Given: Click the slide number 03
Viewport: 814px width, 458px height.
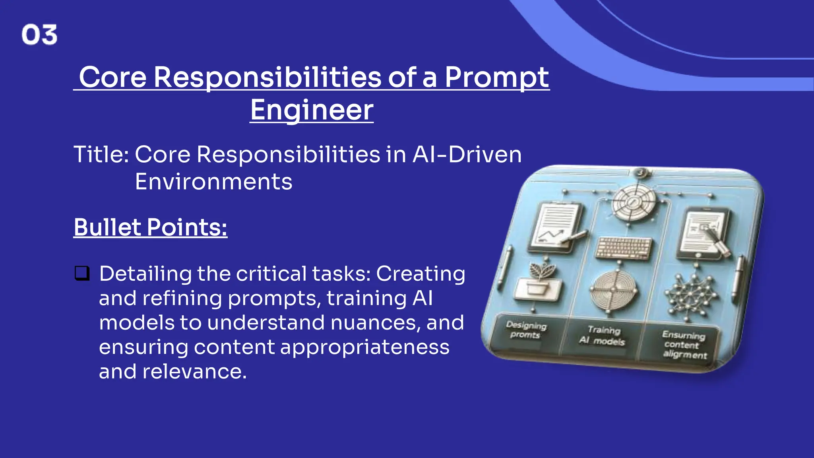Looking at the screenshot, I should pos(39,35).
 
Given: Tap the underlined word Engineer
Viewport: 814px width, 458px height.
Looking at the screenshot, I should pos(312,110).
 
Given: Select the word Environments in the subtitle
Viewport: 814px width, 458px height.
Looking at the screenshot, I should pos(213,182).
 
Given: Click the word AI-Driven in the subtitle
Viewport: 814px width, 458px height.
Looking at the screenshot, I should pos(467,154).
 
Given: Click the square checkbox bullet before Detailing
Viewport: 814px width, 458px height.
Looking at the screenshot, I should pos(82,274).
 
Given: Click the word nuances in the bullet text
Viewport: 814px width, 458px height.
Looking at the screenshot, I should pos(375,322).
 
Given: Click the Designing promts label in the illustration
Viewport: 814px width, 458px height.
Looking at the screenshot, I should pos(526,330).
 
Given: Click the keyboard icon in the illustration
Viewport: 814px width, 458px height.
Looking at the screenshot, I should pos(624,248).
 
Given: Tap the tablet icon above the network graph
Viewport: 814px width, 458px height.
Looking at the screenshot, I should pos(704,233).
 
